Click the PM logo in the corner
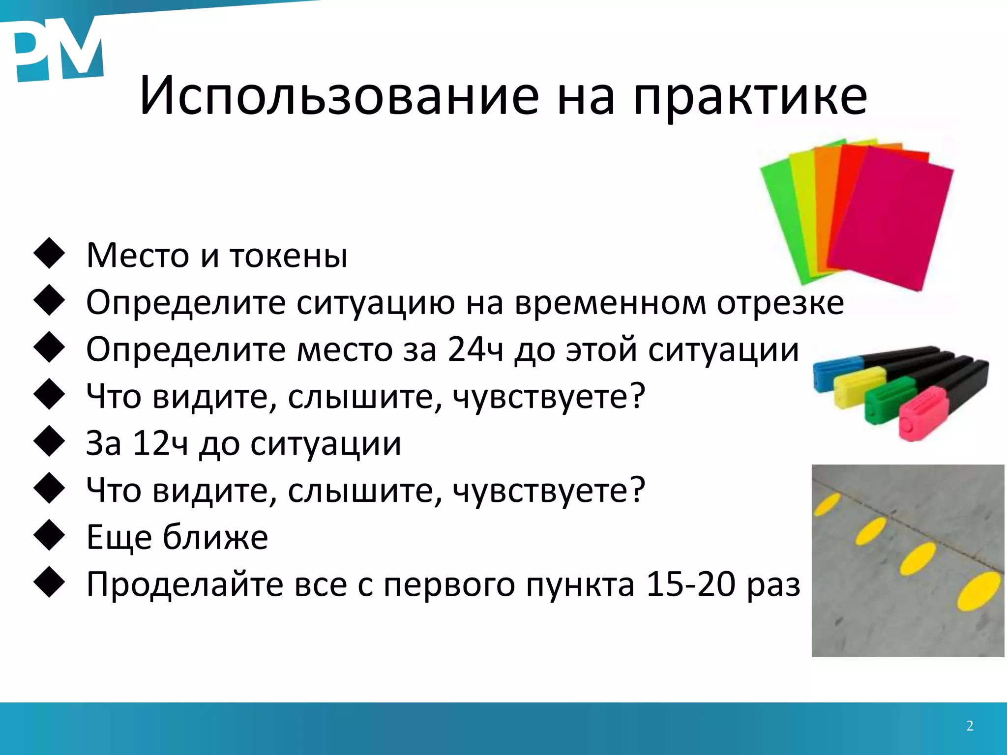point(57,49)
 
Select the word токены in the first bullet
point(289,256)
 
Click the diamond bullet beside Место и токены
point(49,254)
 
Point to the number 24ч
point(475,349)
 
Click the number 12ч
point(160,443)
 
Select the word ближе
point(215,537)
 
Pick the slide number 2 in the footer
point(970,726)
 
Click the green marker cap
point(885,403)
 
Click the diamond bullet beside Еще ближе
point(49,535)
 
